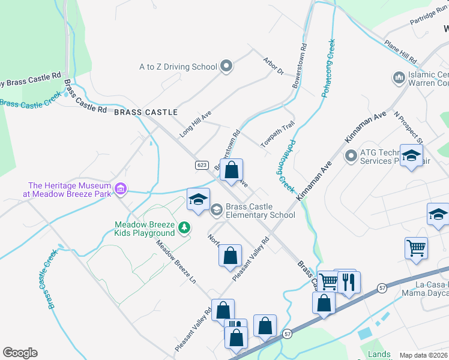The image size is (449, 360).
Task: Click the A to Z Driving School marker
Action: coord(226,66)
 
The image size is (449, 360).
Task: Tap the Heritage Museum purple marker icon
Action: coord(121,190)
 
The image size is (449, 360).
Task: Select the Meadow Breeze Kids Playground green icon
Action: coord(185,228)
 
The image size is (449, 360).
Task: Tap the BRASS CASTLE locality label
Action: coord(145,112)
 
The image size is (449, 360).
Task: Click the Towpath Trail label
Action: coord(277,134)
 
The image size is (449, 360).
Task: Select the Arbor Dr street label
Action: coord(273,65)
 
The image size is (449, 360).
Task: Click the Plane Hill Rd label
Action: coord(400,53)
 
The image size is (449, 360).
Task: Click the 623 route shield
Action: coord(202,164)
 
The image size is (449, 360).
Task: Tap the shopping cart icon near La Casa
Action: coord(416,247)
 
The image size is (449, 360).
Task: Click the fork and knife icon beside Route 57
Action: coord(349,281)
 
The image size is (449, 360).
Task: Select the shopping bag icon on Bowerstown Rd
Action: coord(231,170)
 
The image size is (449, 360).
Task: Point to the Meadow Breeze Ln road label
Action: coord(176,262)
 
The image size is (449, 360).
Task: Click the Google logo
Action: coord(20,353)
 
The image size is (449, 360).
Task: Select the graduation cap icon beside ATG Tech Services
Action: coord(411,156)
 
